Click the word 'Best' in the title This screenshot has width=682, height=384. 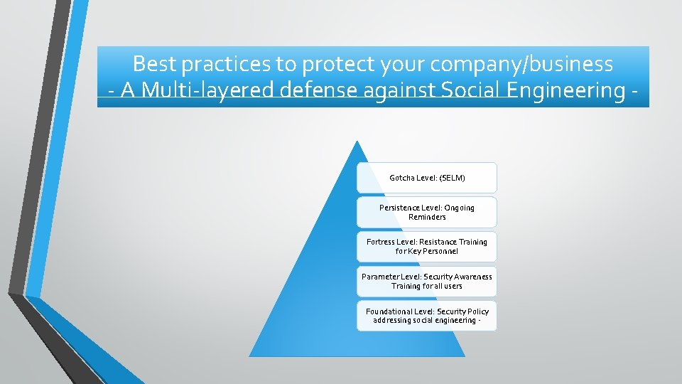(x=154, y=64)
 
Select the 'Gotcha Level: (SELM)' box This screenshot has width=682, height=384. (x=427, y=178)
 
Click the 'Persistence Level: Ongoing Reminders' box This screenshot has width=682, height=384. (x=427, y=212)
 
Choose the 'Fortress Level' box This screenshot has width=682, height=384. (x=427, y=246)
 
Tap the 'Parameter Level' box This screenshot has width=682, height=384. (x=427, y=281)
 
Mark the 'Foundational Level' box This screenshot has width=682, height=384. (x=427, y=315)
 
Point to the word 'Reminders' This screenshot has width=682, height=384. (x=427, y=217)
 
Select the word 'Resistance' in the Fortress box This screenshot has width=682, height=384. (x=438, y=242)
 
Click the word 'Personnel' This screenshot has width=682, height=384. (x=440, y=251)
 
